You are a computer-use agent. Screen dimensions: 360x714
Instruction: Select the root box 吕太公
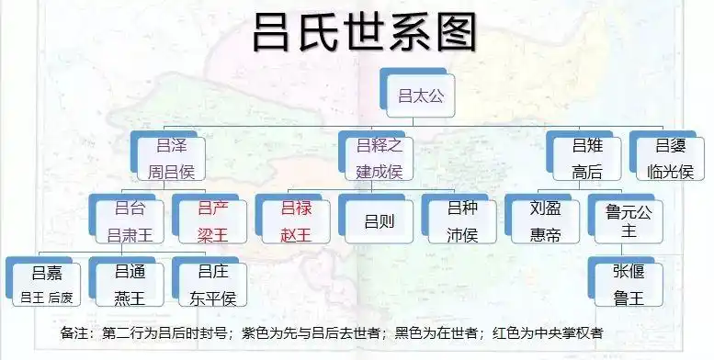(420, 94)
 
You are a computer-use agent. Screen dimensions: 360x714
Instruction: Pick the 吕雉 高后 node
(586, 157)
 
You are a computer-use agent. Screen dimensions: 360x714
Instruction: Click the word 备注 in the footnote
(76, 332)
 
